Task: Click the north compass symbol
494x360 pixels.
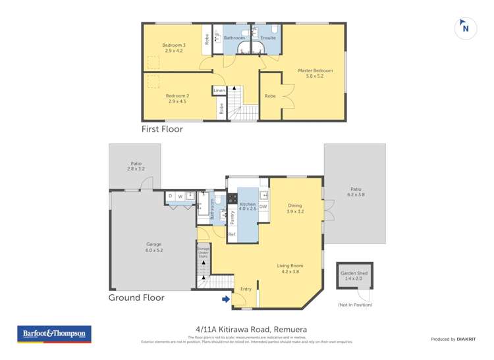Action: click(466, 28)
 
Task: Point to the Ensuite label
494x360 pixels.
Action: click(268, 38)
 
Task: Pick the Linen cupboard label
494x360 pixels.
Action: click(219, 90)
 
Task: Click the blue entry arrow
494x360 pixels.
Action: click(226, 299)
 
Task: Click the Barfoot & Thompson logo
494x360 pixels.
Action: click(54, 334)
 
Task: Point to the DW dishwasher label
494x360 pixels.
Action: click(263, 207)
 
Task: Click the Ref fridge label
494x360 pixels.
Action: click(232, 234)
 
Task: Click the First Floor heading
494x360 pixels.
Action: click(162, 130)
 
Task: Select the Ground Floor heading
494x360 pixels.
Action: click(136, 297)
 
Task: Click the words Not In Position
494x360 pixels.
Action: click(355, 305)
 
